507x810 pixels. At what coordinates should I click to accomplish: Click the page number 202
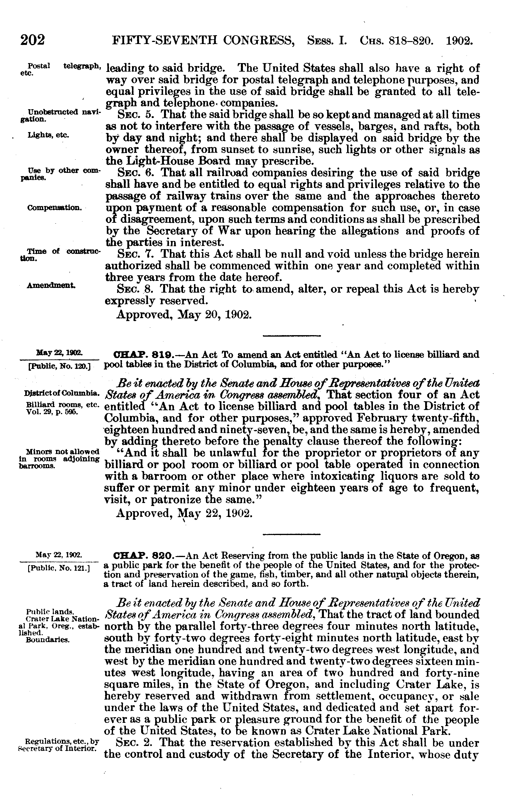pos(33,41)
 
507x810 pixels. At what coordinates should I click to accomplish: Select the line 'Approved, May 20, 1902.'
pos(183,315)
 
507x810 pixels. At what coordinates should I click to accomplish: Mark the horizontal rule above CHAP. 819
pos(292,335)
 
